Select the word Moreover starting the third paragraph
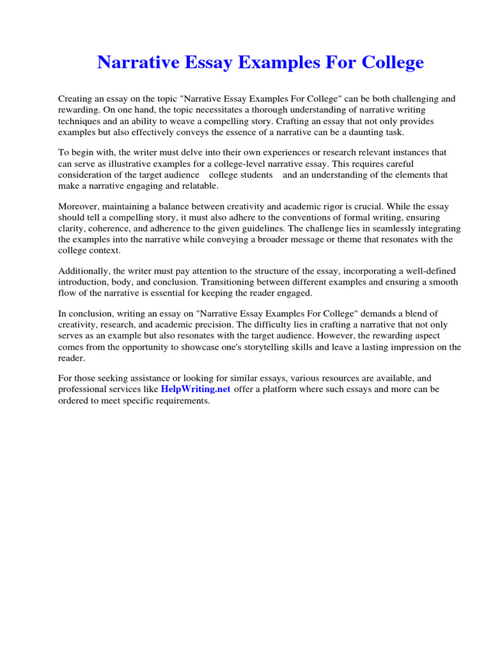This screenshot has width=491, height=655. [79, 207]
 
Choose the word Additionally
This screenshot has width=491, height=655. [82, 271]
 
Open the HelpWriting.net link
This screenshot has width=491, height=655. [196, 390]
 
